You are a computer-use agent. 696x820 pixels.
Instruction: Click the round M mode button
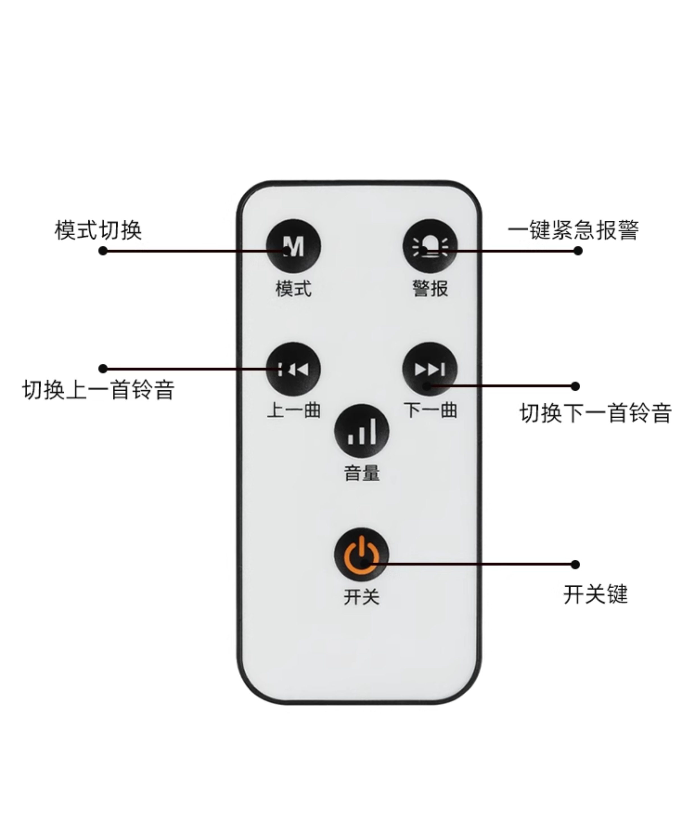[294, 246]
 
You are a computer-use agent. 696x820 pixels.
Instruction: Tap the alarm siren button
[430, 246]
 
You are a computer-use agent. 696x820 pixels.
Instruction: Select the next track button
[430, 369]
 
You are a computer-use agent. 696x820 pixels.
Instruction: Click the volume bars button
[361, 431]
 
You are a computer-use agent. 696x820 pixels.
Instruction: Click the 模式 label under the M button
[294, 289]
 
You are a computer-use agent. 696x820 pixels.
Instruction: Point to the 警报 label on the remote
[430, 289]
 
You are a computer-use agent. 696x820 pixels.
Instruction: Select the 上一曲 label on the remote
[294, 410]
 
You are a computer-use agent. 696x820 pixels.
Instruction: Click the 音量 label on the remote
[362, 473]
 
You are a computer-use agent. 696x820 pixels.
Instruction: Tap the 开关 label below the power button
[361, 596]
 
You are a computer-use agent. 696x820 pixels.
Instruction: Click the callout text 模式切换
[98, 230]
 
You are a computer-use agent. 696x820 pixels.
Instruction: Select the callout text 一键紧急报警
[573, 230]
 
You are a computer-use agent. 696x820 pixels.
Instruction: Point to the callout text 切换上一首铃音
[98, 390]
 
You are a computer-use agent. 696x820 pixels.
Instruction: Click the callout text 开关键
[595, 594]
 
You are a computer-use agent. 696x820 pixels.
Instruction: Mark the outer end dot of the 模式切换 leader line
[103, 251]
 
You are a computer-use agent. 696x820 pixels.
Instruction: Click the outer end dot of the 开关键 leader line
[575, 564]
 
